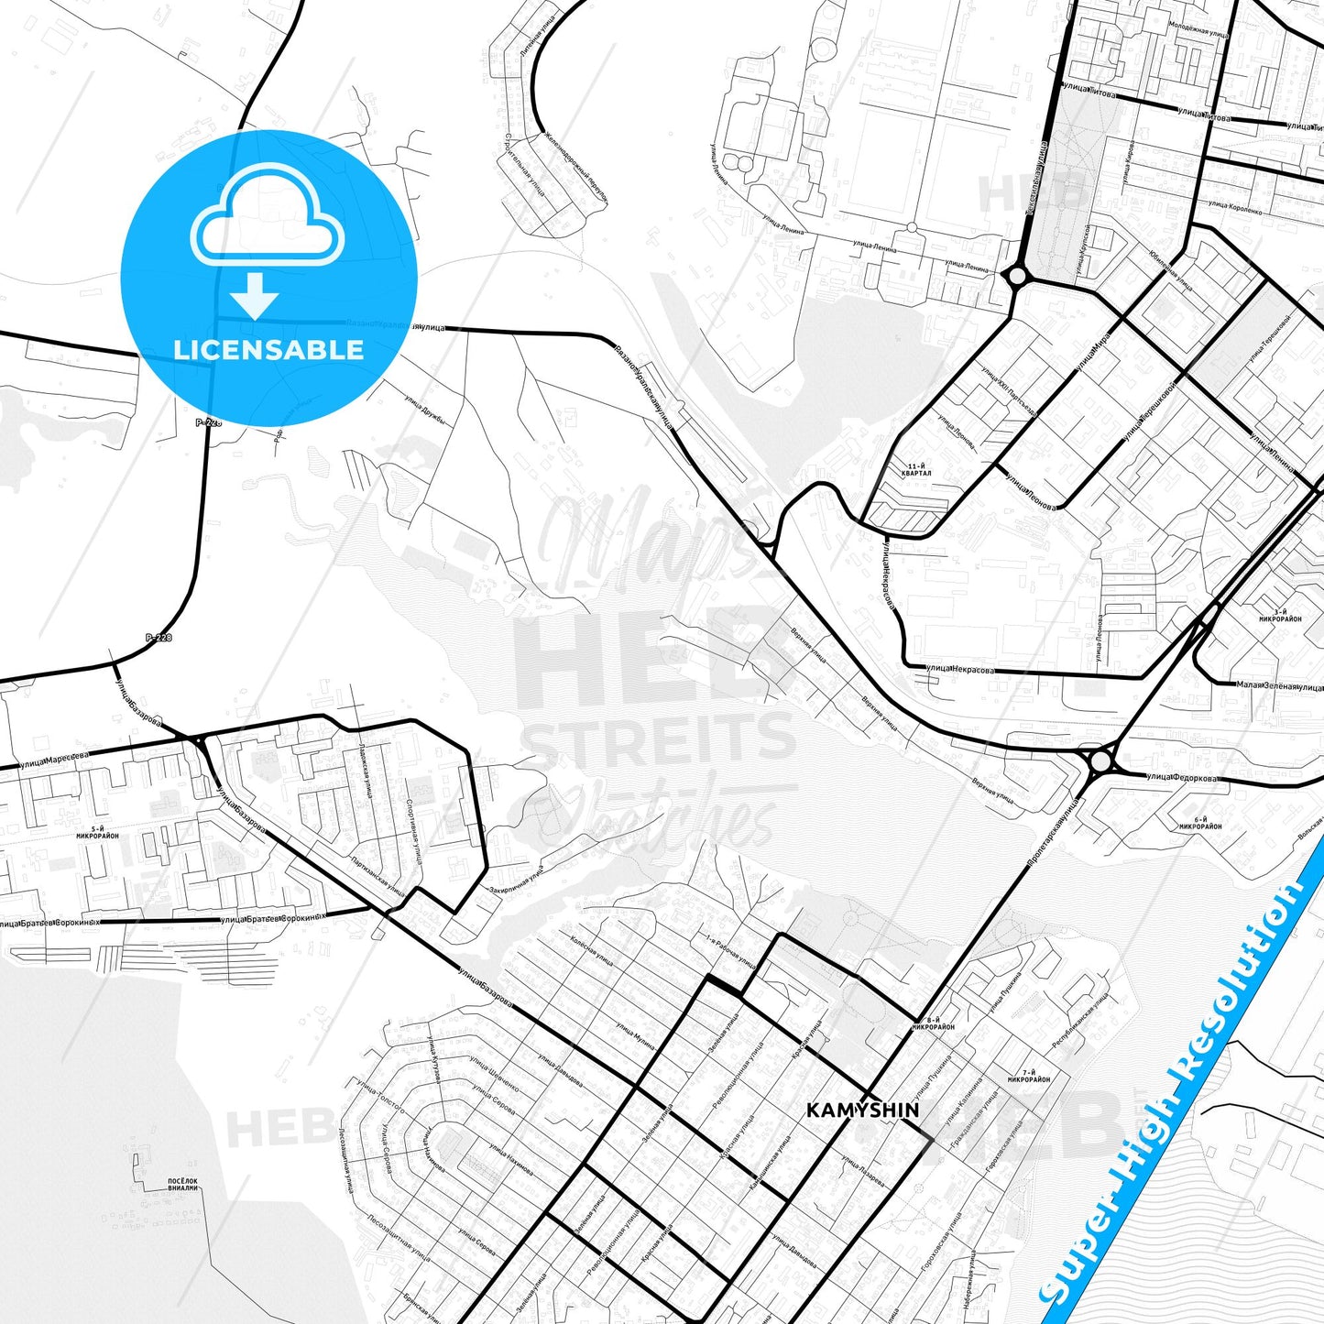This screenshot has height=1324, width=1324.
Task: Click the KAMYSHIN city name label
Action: point(861,1110)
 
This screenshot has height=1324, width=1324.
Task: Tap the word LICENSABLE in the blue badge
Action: point(268,349)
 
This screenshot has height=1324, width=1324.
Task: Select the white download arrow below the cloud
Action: point(255,296)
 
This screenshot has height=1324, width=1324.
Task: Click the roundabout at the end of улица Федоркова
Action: point(1100,760)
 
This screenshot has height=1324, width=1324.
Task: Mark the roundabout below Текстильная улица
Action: point(1016,275)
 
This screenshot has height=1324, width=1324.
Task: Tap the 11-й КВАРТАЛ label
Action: point(915,470)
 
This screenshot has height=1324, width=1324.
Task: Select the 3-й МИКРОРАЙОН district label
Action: point(1280,616)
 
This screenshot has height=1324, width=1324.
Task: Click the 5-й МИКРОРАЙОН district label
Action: point(98,832)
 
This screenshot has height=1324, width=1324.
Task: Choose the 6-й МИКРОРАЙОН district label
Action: point(1200,822)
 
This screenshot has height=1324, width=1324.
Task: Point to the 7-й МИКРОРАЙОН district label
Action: point(1029,1076)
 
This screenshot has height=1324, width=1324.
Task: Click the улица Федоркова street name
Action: point(1182,778)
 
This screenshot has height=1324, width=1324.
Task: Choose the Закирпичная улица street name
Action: point(517,879)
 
